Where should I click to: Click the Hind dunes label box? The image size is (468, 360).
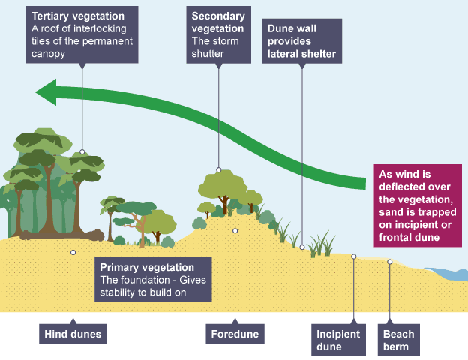73,332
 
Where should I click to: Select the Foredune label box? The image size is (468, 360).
234,332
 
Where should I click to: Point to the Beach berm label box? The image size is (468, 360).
398,339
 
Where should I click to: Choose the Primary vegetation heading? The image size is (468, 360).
147,267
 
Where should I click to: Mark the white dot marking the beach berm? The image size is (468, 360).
390,262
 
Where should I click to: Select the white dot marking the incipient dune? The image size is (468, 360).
354,256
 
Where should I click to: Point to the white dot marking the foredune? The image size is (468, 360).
235,231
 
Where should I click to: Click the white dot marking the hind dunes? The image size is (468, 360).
73,252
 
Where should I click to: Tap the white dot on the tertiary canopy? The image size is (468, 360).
82,151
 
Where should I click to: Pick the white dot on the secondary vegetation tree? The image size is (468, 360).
219,170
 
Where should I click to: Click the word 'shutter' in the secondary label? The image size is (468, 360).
208,55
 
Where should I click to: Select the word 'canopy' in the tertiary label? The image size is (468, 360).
48,54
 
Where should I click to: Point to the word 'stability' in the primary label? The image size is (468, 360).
118,292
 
